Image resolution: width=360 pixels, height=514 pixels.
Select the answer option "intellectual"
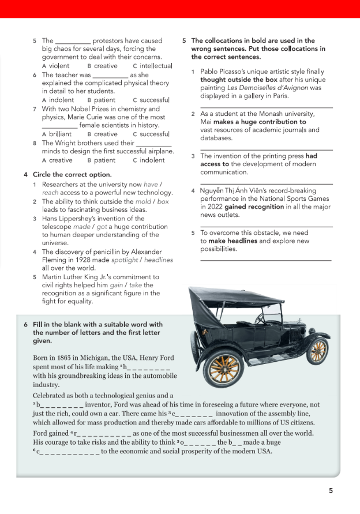[155, 66]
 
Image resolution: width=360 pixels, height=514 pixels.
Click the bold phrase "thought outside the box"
[238, 80]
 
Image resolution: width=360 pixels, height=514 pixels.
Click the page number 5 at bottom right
[331, 491]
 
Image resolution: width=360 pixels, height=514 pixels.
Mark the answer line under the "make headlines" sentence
[265, 261]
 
